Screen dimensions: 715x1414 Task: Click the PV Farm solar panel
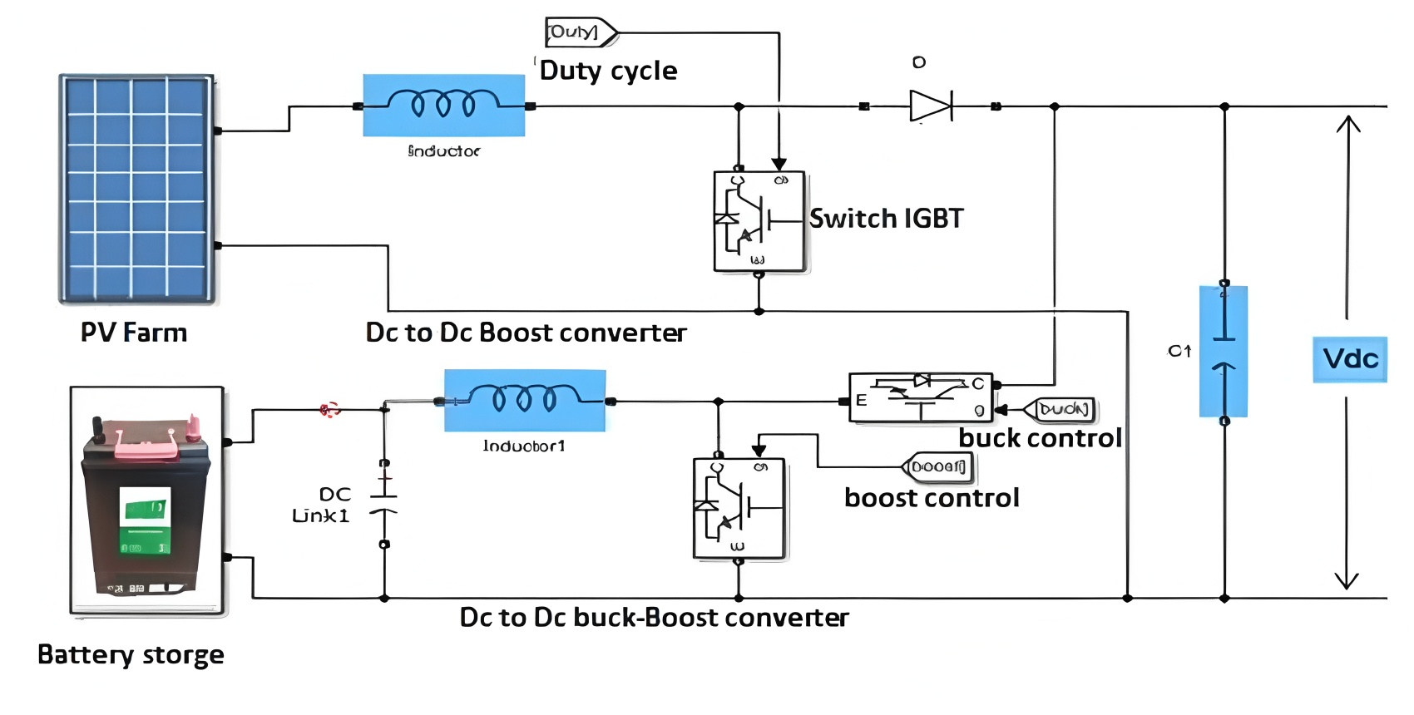pyautogui.click(x=136, y=189)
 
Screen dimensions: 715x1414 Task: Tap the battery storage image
pyautogui.click(x=147, y=500)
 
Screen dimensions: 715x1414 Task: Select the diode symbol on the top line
pyautogui.click(x=931, y=106)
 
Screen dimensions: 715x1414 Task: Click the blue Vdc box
pyautogui.click(x=1349, y=359)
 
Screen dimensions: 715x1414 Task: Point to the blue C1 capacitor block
pyautogui.click(x=1223, y=351)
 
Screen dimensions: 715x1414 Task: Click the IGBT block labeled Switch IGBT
pyautogui.click(x=759, y=221)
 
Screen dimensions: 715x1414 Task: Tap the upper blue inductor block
pyautogui.click(x=443, y=105)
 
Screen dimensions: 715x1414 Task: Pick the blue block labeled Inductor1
pyautogui.click(x=524, y=400)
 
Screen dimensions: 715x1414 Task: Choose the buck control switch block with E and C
pyautogui.click(x=921, y=397)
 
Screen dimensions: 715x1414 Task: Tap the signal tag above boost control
pyautogui.click(x=938, y=467)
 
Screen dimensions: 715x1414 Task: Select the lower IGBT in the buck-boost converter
pyautogui.click(x=739, y=508)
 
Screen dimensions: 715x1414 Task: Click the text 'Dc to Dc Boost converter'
pyautogui.click(x=526, y=333)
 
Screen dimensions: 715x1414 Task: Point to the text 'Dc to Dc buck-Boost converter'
pyautogui.click(x=654, y=618)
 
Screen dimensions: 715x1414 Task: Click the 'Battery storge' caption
pyautogui.click(x=131, y=655)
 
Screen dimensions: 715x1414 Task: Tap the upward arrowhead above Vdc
pyautogui.click(x=1347, y=124)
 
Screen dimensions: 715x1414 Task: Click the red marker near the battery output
pyautogui.click(x=330, y=409)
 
